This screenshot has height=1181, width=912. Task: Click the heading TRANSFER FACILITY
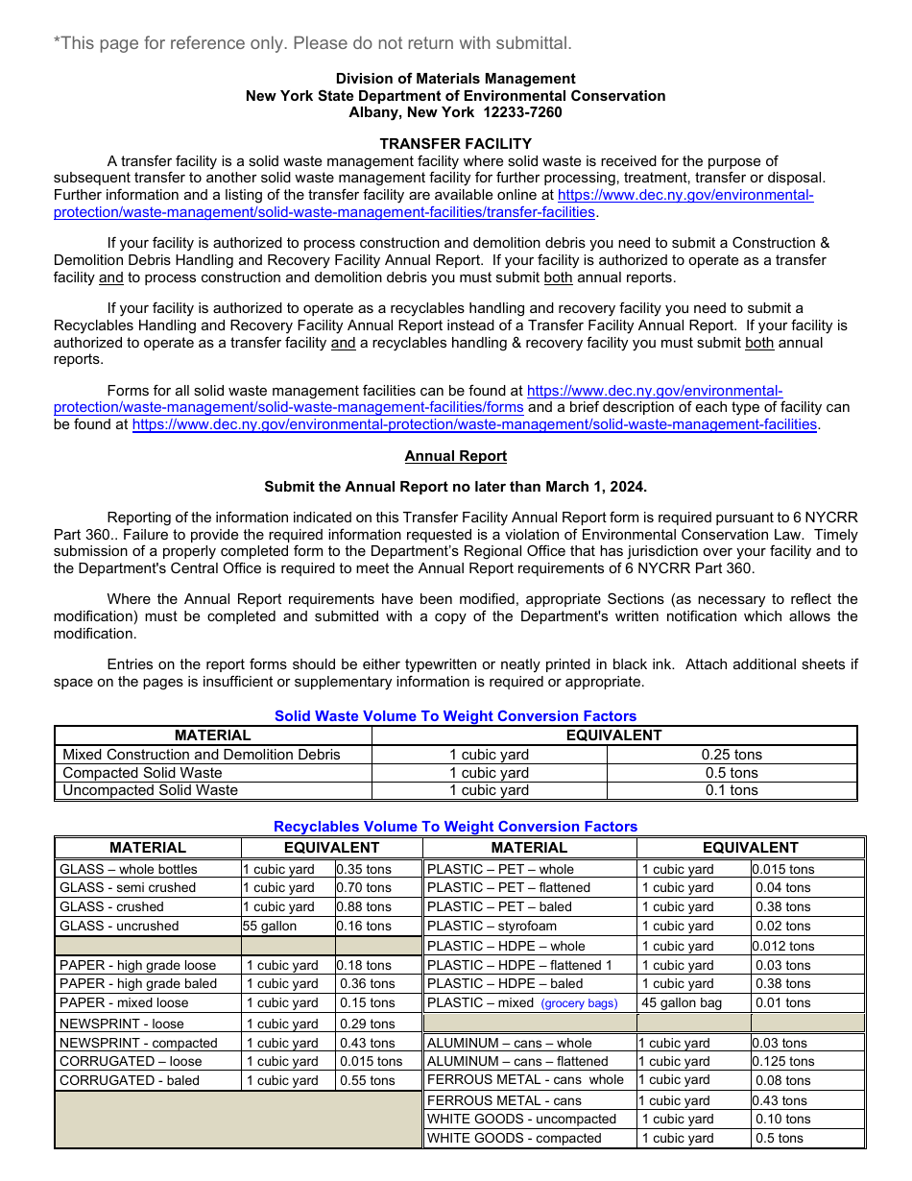click(455, 144)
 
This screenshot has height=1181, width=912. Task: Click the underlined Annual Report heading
click(455, 456)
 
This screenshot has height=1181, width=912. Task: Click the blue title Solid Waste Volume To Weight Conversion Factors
click(455, 716)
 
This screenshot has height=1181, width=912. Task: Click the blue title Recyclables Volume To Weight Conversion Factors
click(455, 827)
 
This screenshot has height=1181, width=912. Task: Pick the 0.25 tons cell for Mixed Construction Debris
click(732, 755)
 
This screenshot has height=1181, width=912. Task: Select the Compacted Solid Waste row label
click(142, 773)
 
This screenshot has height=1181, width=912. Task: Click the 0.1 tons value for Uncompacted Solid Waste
click(732, 790)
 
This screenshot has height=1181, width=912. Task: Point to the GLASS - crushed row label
click(111, 906)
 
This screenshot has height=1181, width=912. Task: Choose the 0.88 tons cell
click(364, 906)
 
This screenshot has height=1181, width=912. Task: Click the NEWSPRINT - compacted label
click(138, 1043)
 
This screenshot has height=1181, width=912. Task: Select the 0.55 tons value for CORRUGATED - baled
click(367, 1080)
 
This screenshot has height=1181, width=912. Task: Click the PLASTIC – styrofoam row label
click(492, 927)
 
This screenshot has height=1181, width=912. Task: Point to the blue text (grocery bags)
click(579, 1003)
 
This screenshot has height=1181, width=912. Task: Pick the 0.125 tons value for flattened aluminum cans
click(783, 1062)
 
